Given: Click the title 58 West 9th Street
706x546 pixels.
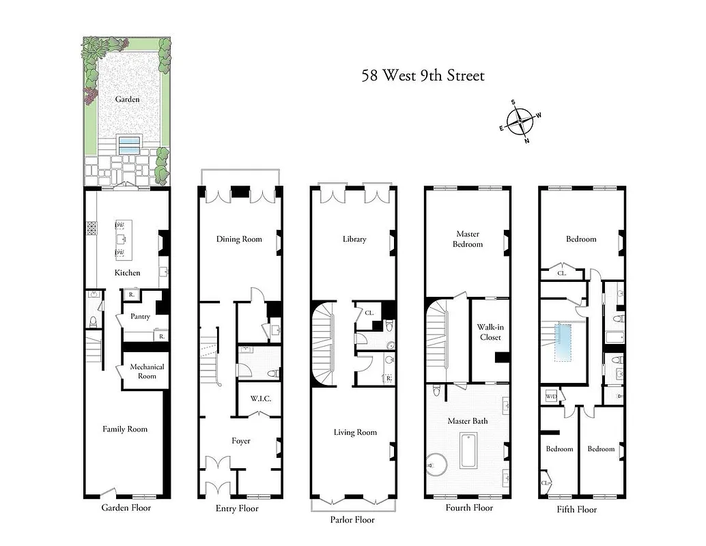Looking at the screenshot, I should click(423, 75).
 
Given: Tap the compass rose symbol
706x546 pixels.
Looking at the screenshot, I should click(520, 122).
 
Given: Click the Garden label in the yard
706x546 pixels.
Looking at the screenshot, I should click(127, 100).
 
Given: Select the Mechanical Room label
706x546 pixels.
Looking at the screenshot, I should click(147, 371).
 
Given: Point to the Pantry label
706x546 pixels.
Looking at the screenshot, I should click(141, 317).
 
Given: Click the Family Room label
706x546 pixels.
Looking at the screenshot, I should click(125, 429).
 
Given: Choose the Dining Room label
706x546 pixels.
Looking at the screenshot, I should click(239, 240).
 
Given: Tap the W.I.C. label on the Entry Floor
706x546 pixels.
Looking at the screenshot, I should click(260, 399).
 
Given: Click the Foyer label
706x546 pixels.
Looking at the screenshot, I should click(241, 441).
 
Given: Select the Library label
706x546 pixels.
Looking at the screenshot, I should click(354, 240).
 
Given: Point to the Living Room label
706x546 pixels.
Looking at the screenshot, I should click(355, 432).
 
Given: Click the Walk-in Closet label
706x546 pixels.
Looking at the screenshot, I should click(490, 332).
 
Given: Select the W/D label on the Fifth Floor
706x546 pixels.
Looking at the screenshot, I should click(550, 396).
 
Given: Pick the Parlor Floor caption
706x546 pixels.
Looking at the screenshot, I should click(352, 519).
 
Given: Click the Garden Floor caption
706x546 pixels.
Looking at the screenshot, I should click(126, 508).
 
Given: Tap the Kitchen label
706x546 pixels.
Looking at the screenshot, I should click(127, 273).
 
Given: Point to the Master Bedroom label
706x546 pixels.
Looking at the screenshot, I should click(468, 240).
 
